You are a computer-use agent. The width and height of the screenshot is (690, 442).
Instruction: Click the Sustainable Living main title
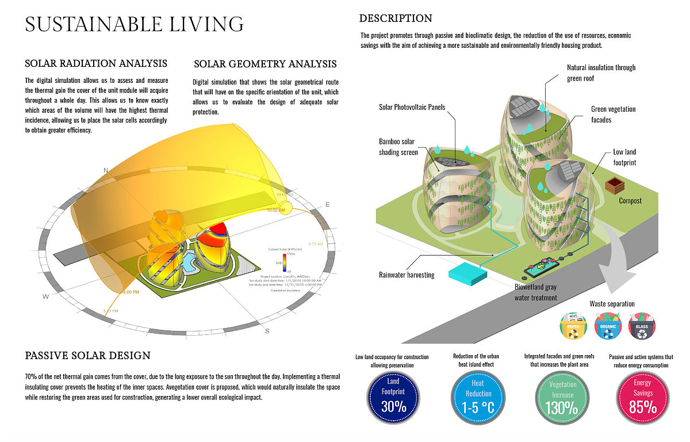click(135, 24)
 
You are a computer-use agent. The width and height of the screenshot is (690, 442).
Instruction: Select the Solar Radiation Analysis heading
click(96, 63)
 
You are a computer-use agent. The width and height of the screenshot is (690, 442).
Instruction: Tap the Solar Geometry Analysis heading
click(265, 64)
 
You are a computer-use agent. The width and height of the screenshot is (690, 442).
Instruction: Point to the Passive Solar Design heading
click(88, 356)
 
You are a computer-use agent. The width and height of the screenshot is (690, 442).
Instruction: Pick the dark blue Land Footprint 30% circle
click(393, 396)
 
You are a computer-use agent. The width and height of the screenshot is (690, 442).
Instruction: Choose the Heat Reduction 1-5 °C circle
click(478, 396)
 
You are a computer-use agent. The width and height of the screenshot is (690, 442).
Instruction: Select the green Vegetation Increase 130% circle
click(562, 396)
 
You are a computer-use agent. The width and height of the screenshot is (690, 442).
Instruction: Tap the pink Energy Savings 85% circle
click(642, 396)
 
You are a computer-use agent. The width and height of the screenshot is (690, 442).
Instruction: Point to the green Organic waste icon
click(608, 325)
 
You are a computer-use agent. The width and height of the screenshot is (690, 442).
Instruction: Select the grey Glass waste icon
click(641, 325)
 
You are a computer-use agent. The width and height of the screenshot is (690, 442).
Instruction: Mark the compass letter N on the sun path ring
click(106, 170)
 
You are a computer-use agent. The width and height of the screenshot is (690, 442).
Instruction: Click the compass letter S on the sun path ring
click(267, 331)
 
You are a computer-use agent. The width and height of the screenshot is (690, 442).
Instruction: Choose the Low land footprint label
click(624, 157)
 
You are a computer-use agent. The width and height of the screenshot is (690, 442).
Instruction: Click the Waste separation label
click(612, 303)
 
